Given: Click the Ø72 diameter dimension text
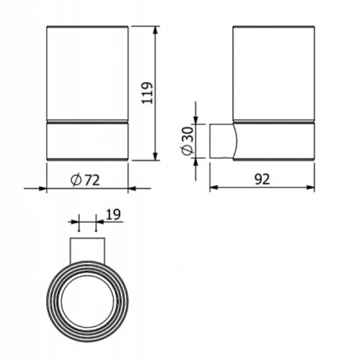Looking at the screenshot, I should click(85, 179).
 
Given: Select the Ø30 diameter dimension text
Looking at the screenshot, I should click(188, 142).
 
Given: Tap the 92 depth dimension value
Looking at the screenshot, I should click(262, 179).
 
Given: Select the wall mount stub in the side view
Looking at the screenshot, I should click(222, 141).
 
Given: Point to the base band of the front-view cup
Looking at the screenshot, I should click(88, 142).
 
